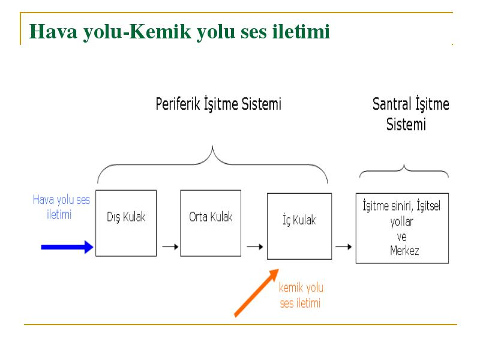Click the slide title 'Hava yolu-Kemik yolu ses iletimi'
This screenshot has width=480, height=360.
(179, 32)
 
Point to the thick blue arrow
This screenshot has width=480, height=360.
(67, 247)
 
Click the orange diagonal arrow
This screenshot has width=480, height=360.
(257, 293)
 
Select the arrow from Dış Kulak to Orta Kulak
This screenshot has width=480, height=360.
(170, 247)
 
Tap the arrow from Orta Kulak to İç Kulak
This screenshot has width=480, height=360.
(255, 247)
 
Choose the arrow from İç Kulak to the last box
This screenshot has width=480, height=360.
(343, 247)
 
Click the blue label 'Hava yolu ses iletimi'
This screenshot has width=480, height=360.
(61, 207)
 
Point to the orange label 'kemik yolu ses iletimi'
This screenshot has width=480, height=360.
(301, 295)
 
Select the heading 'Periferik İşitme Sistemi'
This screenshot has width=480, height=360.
(218, 104)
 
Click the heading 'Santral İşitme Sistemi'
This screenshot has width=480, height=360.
(410, 113)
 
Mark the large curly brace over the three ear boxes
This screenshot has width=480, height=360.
(212, 148)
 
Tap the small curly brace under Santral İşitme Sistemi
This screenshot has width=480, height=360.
(404, 166)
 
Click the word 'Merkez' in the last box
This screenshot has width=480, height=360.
(404, 251)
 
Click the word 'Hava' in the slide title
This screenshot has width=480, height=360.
(53, 31)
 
